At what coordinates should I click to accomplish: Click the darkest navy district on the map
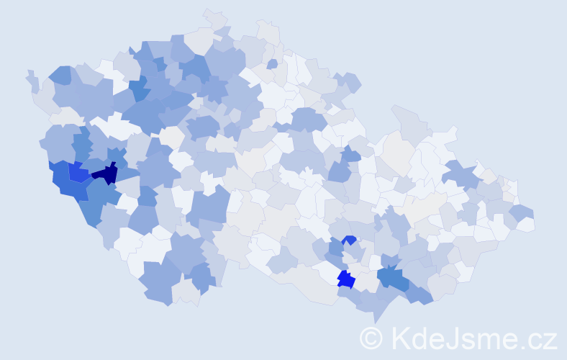106,174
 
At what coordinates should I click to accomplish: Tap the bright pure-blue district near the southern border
346,279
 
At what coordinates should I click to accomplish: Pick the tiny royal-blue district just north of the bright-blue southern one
350,240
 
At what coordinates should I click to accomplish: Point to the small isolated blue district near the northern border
272,64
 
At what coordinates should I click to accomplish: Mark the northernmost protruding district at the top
214,17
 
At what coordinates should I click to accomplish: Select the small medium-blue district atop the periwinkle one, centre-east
350,153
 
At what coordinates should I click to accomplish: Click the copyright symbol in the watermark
371,338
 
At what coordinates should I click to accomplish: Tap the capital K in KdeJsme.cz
400,338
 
